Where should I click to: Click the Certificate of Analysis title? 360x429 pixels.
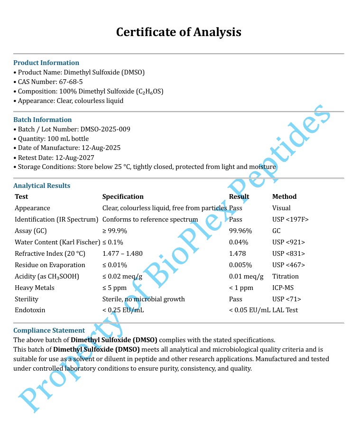tap(179, 32)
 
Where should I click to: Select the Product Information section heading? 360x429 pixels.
tap(46, 63)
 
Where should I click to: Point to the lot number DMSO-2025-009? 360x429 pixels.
tap(102, 129)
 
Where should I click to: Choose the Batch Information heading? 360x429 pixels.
tap(42, 120)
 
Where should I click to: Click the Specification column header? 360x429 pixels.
tap(123, 196)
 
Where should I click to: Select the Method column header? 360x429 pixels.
tap(284, 196)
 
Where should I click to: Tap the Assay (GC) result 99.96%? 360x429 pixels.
tap(240, 231)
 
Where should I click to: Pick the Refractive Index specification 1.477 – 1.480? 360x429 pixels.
tap(122, 253)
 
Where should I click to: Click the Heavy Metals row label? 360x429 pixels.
tap(35, 288)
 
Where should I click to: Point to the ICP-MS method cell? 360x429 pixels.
tap(283, 288)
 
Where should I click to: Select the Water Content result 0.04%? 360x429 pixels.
tap(239, 242)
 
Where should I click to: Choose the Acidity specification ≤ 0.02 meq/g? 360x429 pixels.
tap(122, 276)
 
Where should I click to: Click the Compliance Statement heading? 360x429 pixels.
tap(49, 330)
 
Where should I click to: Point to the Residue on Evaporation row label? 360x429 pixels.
tap(50, 265)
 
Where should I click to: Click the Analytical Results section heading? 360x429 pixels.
tap(42, 186)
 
